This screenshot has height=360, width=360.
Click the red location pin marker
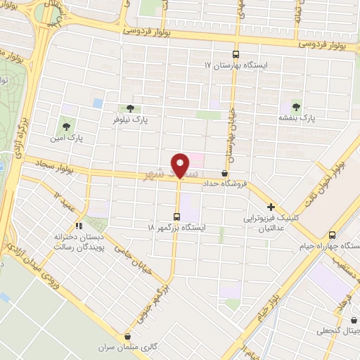click(x=181, y=166)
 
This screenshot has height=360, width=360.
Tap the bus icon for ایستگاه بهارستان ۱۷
click(x=236, y=54)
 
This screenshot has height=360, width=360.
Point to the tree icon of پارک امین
click(x=66, y=127)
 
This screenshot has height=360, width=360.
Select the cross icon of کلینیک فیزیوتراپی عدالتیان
click(x=271, y=207)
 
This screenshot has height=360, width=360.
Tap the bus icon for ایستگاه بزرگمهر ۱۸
click(x=176, y=217)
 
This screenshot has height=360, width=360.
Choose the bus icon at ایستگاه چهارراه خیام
click(x=332, y=236)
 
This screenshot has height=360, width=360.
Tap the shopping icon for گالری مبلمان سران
click(x=127, y=337)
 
